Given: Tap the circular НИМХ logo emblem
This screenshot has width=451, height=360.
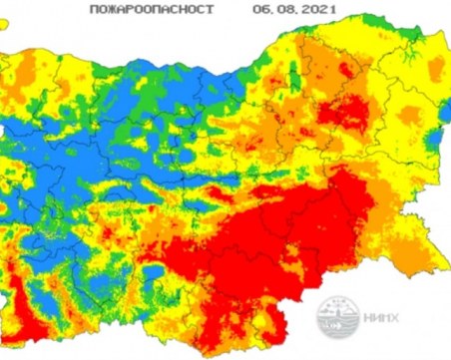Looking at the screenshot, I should (x=336, y=319).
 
